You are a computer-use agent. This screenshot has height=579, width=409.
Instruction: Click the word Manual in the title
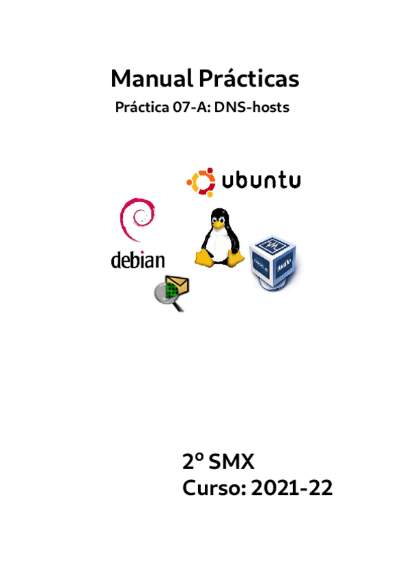[x=152, y=79]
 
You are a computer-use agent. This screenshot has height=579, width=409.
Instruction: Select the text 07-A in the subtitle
[x=191, y=107]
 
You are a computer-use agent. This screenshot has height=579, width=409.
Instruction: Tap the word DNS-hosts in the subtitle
[x=252, y=107]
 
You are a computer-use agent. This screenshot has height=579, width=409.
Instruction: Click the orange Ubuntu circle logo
[x=201, y=182]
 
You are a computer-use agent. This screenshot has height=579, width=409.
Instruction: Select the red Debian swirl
[x=137, y=219]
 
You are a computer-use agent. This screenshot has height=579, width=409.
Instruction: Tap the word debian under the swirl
[x=138, y=260]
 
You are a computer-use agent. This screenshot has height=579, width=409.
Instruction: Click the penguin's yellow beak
[x=218, y=224]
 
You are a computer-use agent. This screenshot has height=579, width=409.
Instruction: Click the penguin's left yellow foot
[x=204, y=257]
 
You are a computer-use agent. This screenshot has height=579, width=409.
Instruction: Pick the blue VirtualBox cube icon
[x=274, y=263]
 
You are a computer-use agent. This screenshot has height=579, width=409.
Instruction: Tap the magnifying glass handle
[x=179, y=306]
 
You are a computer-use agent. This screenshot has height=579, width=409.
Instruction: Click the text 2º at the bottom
[x=193, y=462]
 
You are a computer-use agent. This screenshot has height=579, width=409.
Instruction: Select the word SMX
[x=231, y=462]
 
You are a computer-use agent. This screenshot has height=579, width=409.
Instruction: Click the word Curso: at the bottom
[x=214, y=488]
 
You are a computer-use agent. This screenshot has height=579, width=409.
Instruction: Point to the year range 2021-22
[x=292, y=488]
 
